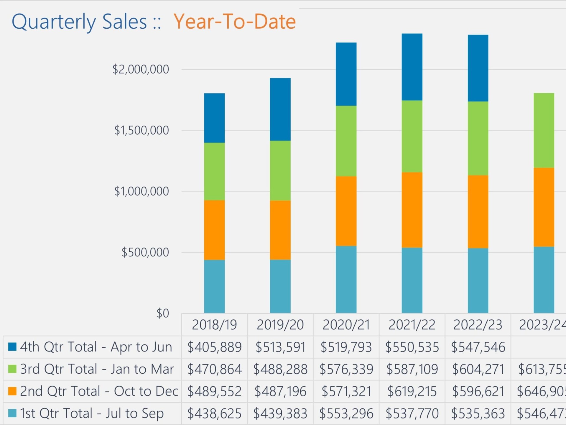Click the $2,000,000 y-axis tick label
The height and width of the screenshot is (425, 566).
[141, 69]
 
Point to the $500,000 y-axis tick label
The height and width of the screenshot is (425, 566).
[145, 252]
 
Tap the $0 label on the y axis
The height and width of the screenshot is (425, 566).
[163, 313]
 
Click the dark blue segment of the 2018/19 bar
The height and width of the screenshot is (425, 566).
[214, 118]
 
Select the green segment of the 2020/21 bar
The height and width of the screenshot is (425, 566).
[346, 141]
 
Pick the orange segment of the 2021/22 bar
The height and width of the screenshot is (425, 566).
[412, 210]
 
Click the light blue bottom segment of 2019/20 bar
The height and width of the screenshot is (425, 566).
[280, 286]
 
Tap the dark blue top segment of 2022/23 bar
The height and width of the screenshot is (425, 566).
[478, 68]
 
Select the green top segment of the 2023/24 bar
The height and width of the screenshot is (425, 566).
[544, 130]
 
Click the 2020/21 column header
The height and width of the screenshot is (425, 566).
[346, 325]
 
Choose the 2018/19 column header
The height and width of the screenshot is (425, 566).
[214, 325]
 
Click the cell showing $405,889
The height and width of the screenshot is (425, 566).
[214, 347]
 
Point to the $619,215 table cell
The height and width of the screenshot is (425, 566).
[412, 391]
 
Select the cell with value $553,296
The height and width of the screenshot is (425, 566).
[346, 413]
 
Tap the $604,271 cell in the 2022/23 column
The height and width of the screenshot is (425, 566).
[478, 369]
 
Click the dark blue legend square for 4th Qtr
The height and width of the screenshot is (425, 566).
[12, 347]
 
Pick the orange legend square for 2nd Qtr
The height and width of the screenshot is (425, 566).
[12, 391]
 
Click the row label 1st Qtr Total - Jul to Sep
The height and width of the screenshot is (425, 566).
[92, 413]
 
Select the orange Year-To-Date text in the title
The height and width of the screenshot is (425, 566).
[234, 22]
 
